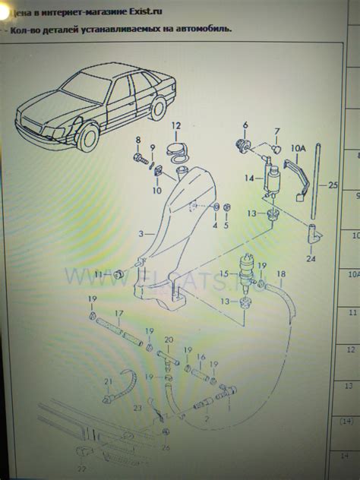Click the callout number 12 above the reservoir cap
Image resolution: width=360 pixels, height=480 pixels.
(175, 126)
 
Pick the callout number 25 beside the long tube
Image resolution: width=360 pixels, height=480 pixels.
(331, 184)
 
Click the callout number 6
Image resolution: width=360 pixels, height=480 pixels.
(245, 125)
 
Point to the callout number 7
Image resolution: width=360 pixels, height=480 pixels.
(276, 131)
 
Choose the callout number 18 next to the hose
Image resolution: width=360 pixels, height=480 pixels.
(281, 273)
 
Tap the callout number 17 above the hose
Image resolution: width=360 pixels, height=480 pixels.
(119, 313)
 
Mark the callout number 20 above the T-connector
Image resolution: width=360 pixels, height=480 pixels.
(169, 339)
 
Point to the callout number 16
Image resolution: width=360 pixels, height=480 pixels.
(201, 357)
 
